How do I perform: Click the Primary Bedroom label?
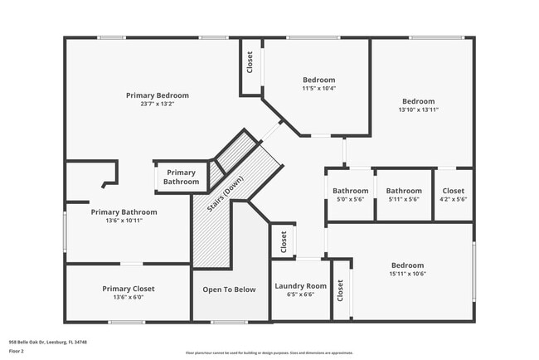tap(157, 95)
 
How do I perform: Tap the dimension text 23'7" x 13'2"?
tap(157, 105)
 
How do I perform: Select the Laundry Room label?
tap(300, 285)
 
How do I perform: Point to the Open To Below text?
tap(230, 289)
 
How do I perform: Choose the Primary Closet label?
tap(128, 289)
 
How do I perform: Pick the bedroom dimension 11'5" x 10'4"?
tap(318, 88)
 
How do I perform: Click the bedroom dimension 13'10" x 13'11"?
tap(418, 109)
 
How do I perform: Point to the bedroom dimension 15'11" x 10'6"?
tap(406, 274)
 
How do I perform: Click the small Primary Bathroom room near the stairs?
tap(181, 177)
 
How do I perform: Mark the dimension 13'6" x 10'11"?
tap(124, 221)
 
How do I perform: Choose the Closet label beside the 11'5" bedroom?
tap(249, 62)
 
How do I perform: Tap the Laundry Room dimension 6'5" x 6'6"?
tap(300, 294)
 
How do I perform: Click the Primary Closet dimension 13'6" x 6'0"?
tap(128, 297)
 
